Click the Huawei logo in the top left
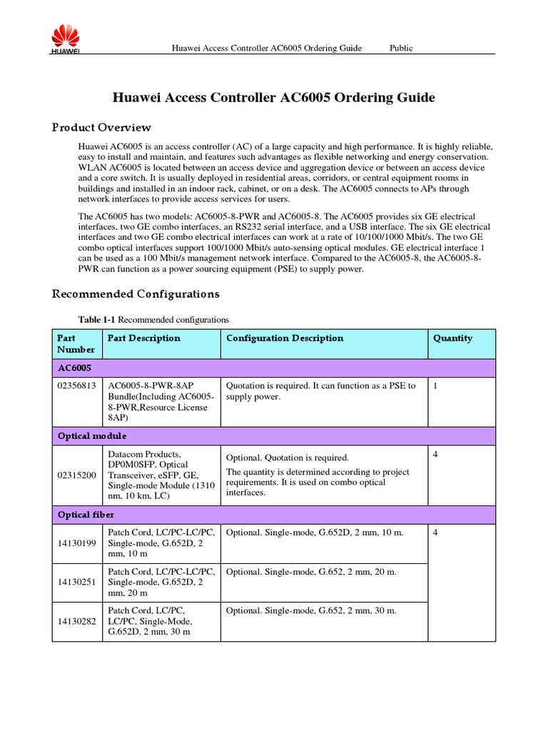[64, 39]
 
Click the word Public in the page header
[401, 48]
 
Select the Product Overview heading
[101, 128]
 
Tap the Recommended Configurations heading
[136, 294]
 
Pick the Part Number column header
[76, 343]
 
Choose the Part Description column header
[143, 338]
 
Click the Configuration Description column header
[284, 338]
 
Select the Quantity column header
[452, 338]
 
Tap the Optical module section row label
[91, 435]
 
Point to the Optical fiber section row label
[85, 514]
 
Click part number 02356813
[76, 386]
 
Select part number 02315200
[76, 475]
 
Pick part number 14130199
[76, 543]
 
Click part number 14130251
[76, 583]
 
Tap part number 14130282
[76, 622]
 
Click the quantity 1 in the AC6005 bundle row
[435, 386]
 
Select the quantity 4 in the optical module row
[435, 455]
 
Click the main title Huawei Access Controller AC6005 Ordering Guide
[274, 98]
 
